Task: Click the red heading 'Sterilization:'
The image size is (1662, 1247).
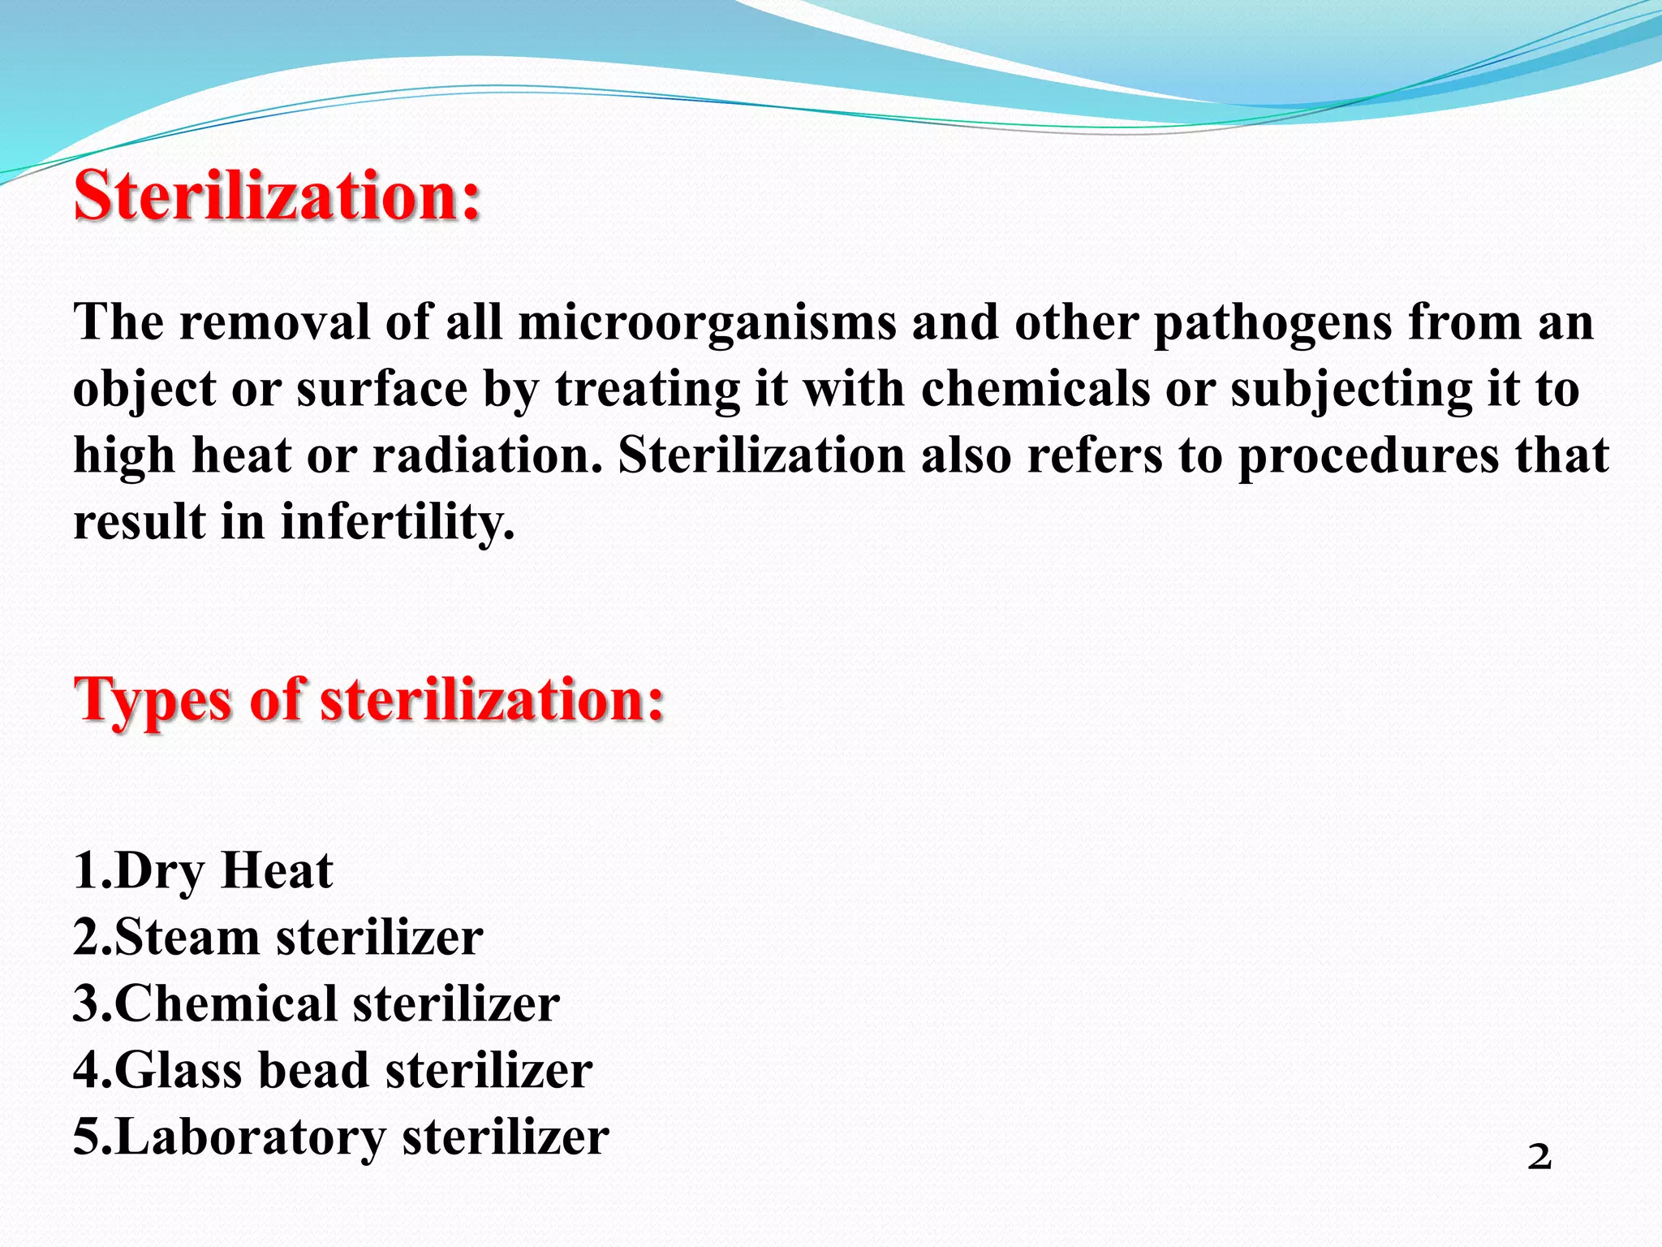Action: (278, 196)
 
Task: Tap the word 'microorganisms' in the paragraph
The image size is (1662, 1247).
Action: (707, 323)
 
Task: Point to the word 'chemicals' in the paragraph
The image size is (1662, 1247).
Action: (1036, 389)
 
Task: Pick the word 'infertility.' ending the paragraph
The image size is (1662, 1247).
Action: (398, 521)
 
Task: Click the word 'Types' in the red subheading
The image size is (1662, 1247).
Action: (154, 700)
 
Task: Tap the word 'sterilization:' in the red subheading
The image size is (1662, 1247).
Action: (493, 700)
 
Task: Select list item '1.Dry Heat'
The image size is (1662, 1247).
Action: (203, 871)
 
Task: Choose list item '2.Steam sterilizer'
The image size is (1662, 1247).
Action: (278, 938)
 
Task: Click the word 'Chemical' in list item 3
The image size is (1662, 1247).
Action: (226, 1003)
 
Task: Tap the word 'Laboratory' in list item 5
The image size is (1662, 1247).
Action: (250, 1137)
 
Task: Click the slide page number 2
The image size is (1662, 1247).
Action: (1539, 1157)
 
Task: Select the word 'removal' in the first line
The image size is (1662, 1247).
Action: (274, 323)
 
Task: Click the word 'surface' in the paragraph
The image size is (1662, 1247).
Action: (381, 389)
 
